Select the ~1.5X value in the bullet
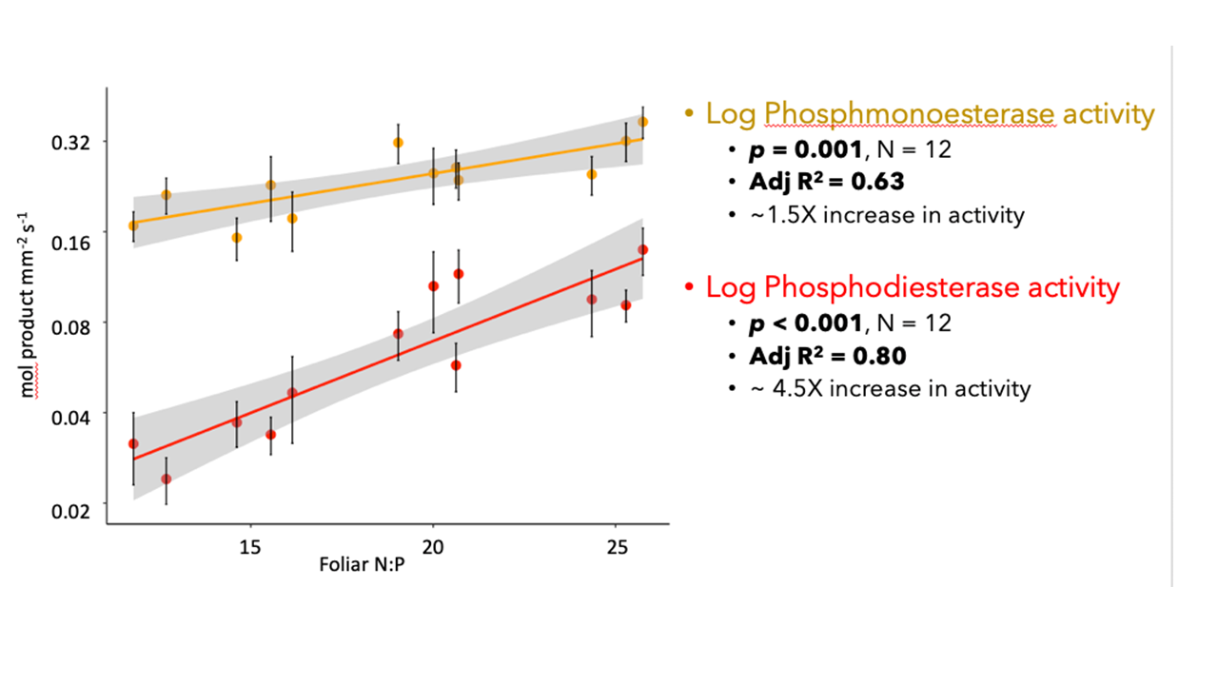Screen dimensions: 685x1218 click(779, 215)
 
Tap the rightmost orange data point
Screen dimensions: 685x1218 click(643, 122)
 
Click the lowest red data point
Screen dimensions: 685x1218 click(167, 479)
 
